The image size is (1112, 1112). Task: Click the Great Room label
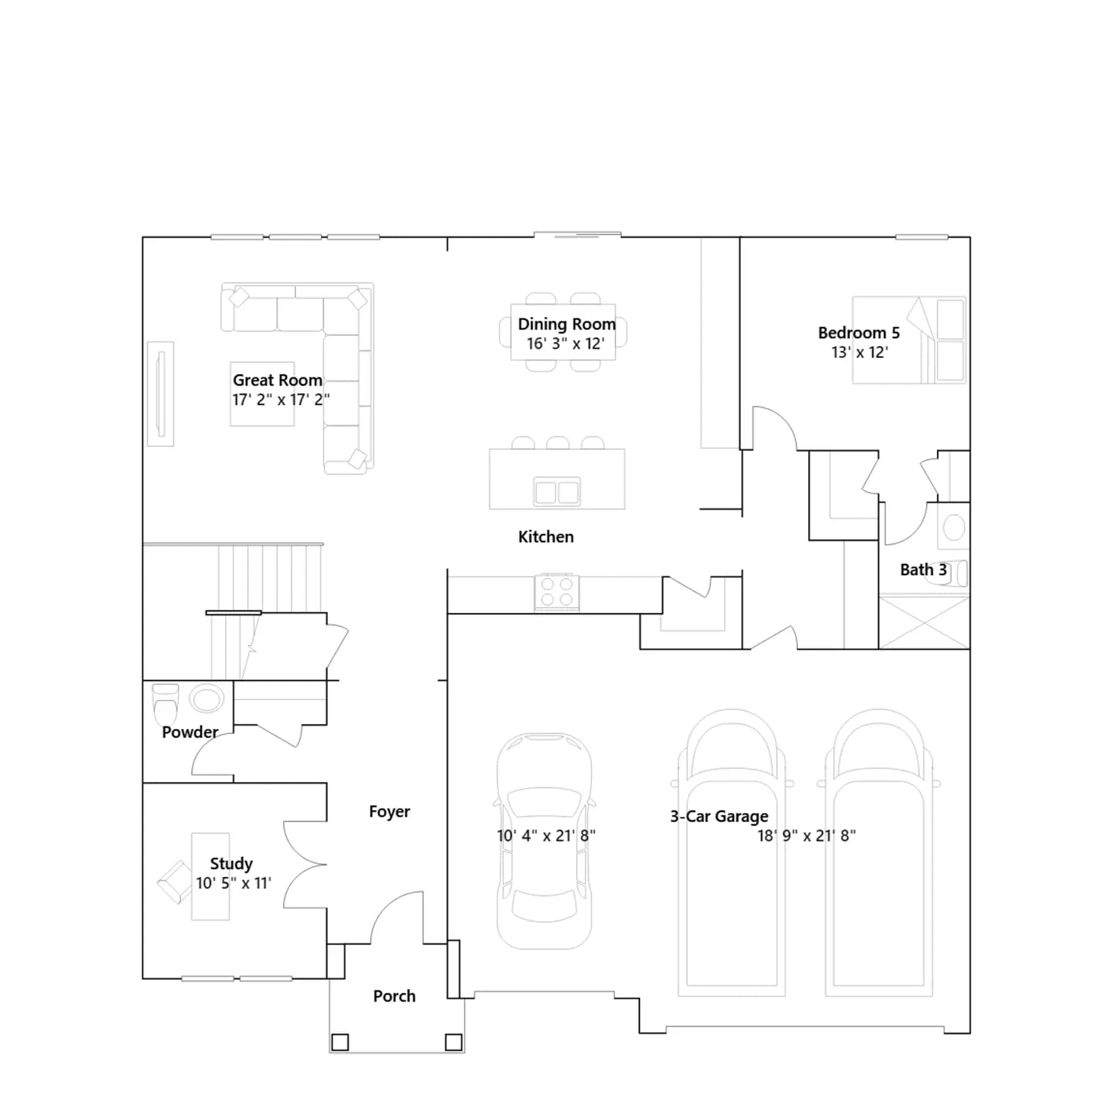[x=277, y=380]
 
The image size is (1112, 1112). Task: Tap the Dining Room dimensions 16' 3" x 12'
[x=565, y=343]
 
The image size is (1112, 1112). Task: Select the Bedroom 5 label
[x=858, y=333]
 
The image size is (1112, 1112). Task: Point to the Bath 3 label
[x=923, y=570]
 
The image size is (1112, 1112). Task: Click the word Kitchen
[x=546, y=537]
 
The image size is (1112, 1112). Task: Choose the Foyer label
[x=389, y=812]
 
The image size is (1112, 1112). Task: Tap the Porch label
[x=394, y=996]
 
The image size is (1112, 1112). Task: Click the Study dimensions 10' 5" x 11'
[x=234, y=883]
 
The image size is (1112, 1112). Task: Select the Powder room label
[x=190, y=732]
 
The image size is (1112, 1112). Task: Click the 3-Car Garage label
[x=719, y=817]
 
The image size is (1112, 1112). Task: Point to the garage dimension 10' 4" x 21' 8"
[x=546, y=835]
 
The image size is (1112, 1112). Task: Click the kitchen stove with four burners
[x=557, y=593]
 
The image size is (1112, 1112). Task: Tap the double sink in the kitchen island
[x=557, y=492]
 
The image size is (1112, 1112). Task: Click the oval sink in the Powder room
[x=207, y=698]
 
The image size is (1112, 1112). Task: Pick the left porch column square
[x=340, y=1042]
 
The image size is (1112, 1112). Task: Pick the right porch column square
[x=453, y=1042]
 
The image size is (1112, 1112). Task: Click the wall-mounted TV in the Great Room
[x=161, y=393]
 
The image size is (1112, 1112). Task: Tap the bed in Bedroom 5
[x=909, y=340]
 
